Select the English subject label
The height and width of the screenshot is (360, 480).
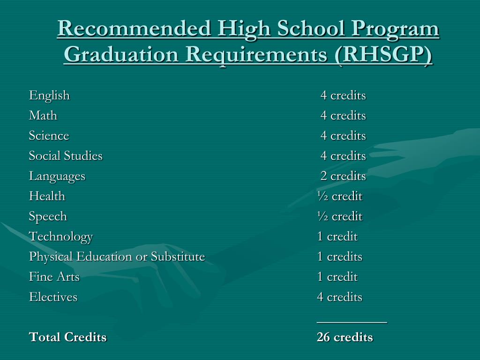(49, 96)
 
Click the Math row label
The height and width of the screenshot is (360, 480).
(43, 116)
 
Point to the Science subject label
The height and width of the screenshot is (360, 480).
(49, 136)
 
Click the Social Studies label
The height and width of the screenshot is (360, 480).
(66, 156)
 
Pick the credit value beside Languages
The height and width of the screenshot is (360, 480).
(343, 176)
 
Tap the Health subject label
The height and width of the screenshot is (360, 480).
(47, 196)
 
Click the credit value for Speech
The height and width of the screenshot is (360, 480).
(339, 217)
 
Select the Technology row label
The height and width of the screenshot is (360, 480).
(61, 237)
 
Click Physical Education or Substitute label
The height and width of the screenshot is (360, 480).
(117, 257)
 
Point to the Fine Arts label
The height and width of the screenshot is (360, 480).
(54, 277)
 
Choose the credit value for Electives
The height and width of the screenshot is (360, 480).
(339, 297)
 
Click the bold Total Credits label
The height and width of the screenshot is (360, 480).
(67, 337)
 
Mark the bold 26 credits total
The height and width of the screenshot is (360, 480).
(345, 337)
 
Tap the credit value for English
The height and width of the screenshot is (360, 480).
(343, 96)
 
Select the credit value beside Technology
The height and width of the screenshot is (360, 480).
(337, 237)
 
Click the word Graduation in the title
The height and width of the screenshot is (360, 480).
(121, 55)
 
